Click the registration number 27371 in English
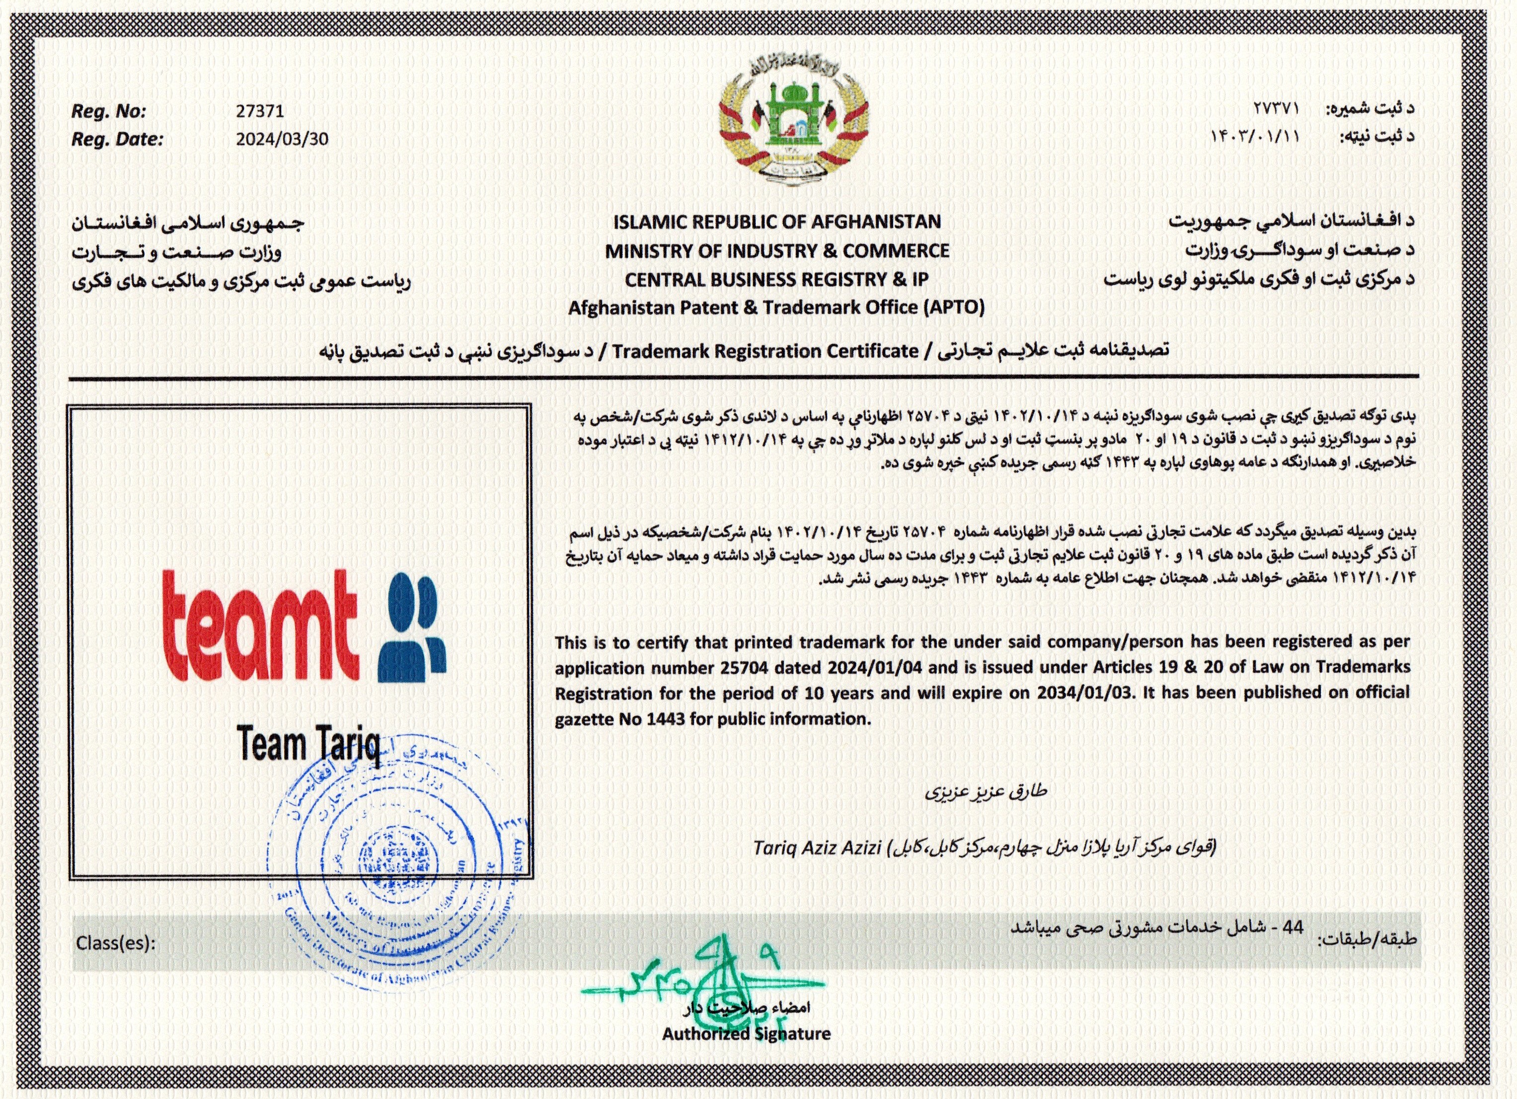pyautogui.click(x=260, y=111)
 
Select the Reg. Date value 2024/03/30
pyautogui.click(x=282, y=139)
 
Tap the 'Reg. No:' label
pyautogui.click(x=108, y=111)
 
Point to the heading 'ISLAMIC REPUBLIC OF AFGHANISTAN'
pyautogui.click(x=777, y=222)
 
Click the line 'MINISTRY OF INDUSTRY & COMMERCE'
pyautogui.click(x=777, y=251)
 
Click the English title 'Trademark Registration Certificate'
pyautogui.click(x=765, y=350)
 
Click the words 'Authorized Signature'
pyautogui.click(x=746, y=1034)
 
